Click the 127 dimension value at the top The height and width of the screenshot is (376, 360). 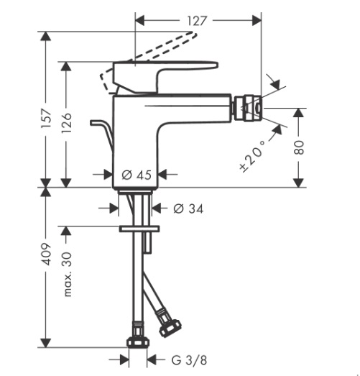[197, 21]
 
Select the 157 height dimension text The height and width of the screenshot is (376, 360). [47, 118]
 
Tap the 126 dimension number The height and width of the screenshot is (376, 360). [66, 123]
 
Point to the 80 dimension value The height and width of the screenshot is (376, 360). [299, 147]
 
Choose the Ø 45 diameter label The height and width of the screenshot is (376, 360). [137, 175]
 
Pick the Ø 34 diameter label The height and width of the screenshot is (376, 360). [188, 208]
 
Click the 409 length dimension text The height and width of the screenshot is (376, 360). [47, 255]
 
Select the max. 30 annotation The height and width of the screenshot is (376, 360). [67, 275]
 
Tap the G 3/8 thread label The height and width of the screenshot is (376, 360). [189, 360]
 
